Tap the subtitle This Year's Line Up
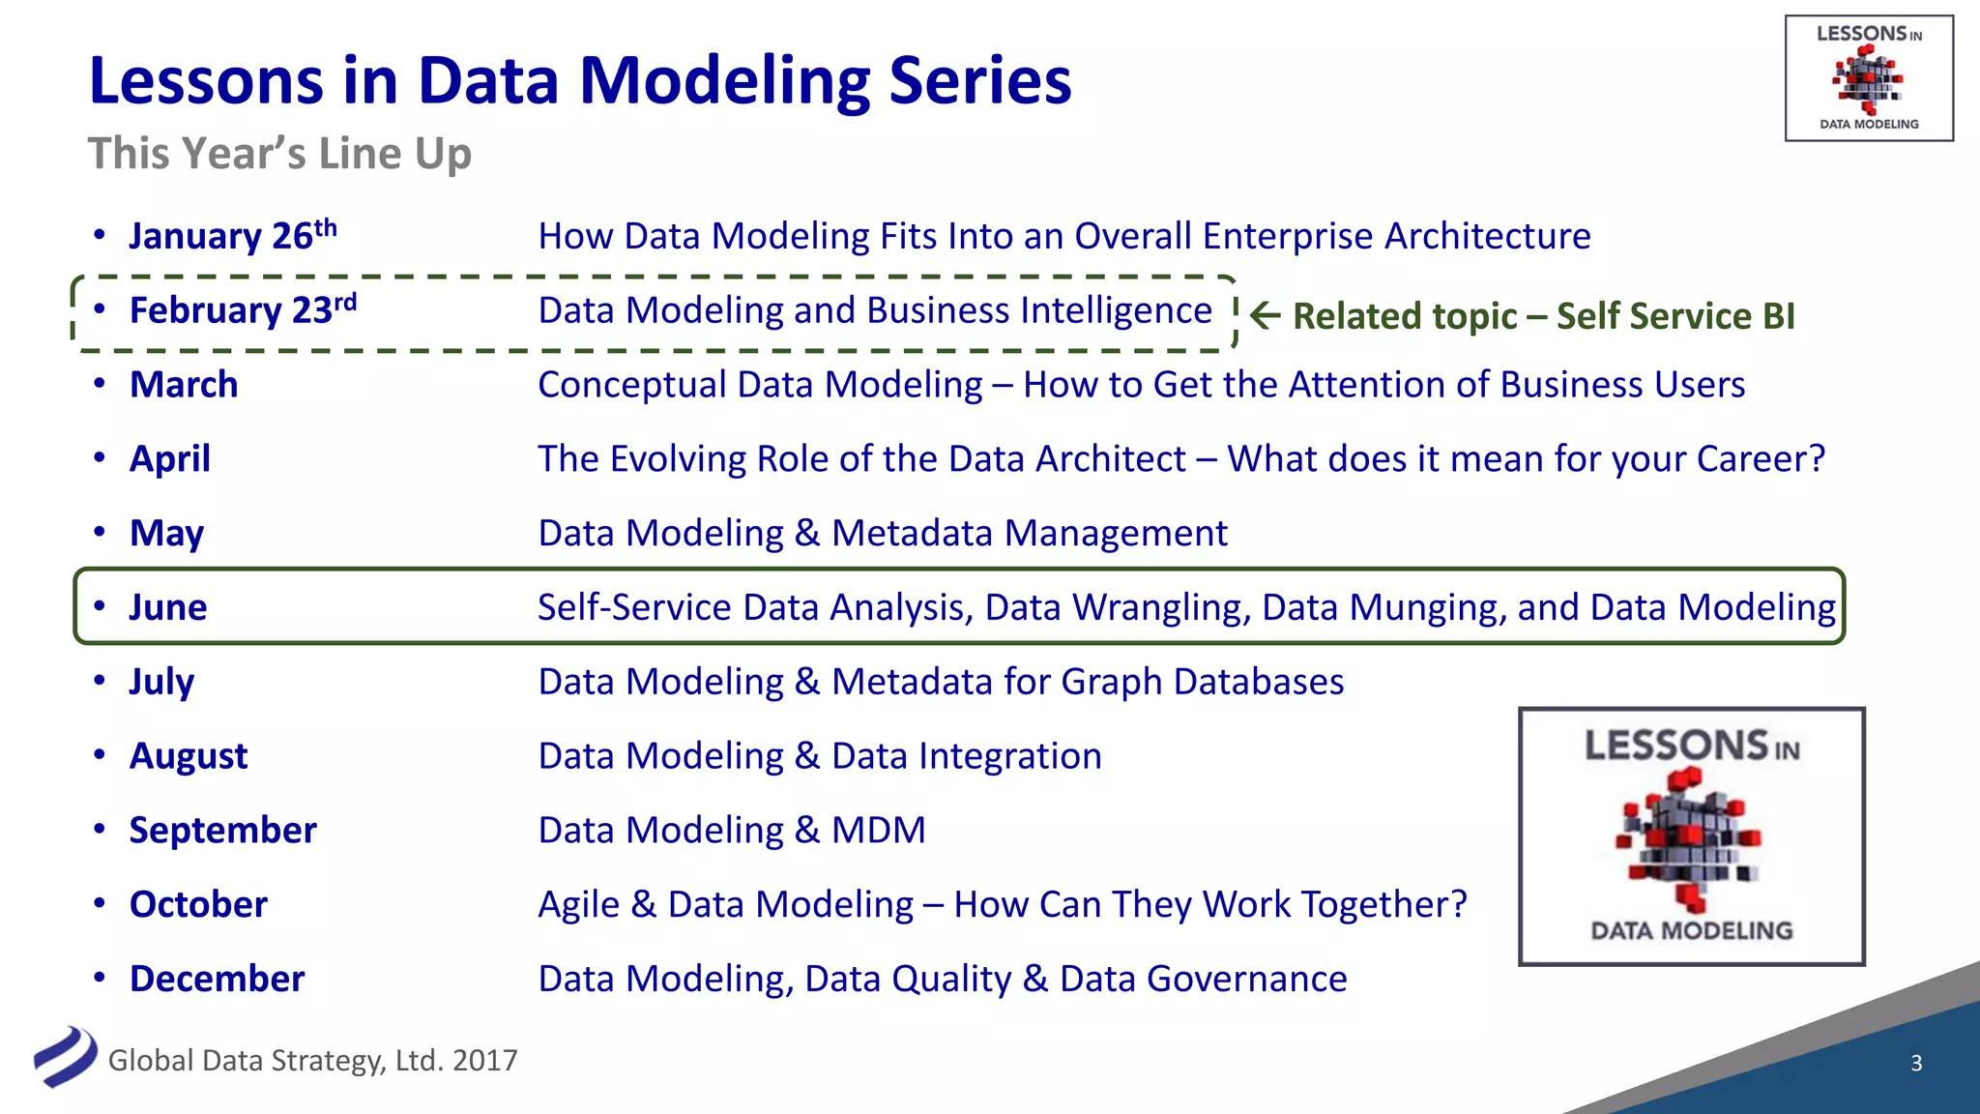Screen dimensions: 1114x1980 tap(279, 154)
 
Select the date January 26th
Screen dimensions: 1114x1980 tap(232, 236)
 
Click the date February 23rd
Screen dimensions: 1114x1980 tap(243, 310)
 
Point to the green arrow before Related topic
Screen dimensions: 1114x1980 tap(1265, 315)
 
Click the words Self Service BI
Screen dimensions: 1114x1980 tap(1675, 316)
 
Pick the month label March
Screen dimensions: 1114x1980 tap(184, 385)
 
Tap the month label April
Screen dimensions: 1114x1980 tap(170, 459)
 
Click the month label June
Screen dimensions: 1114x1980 tap(168, 607)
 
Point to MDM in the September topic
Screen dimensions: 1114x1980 tap(878, 831)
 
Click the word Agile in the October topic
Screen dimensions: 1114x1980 tap(578, 905)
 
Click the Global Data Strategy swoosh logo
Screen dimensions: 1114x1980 tap(65, 1057)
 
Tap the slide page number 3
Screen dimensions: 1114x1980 tap(1916, 1064)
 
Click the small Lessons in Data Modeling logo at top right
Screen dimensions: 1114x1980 tap(1868, 78)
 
